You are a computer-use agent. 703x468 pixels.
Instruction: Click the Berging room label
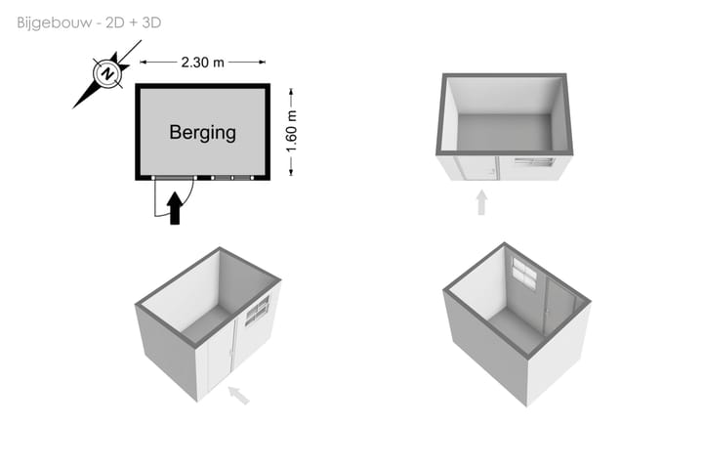click(203, 133)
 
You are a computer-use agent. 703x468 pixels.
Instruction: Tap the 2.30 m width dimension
click(203, 63)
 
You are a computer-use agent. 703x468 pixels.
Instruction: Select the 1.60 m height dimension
click(291, 132)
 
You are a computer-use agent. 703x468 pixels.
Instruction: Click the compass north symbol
click(107, 73)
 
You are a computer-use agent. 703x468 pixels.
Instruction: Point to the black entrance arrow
click(175, 208)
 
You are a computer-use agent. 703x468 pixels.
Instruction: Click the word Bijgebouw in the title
click(55, 22)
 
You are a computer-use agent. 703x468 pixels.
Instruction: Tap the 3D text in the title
click(151, 22)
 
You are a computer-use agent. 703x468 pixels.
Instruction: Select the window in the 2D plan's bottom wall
click(232, 178)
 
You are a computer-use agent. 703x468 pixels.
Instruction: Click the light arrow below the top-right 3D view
click(481, 202)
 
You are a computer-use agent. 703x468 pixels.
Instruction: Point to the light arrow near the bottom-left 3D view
click(238, 395)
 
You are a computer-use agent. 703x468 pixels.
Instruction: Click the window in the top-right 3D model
click(533, 161)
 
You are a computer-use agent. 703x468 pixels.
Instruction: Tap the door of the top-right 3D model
click(478, 168)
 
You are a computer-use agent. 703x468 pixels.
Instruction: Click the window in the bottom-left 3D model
click(258, 309)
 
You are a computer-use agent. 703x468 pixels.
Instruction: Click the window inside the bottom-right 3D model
click(524, 274)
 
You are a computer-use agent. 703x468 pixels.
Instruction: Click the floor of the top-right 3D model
click(505, 132)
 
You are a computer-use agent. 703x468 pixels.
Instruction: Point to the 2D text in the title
click(114, 22)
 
